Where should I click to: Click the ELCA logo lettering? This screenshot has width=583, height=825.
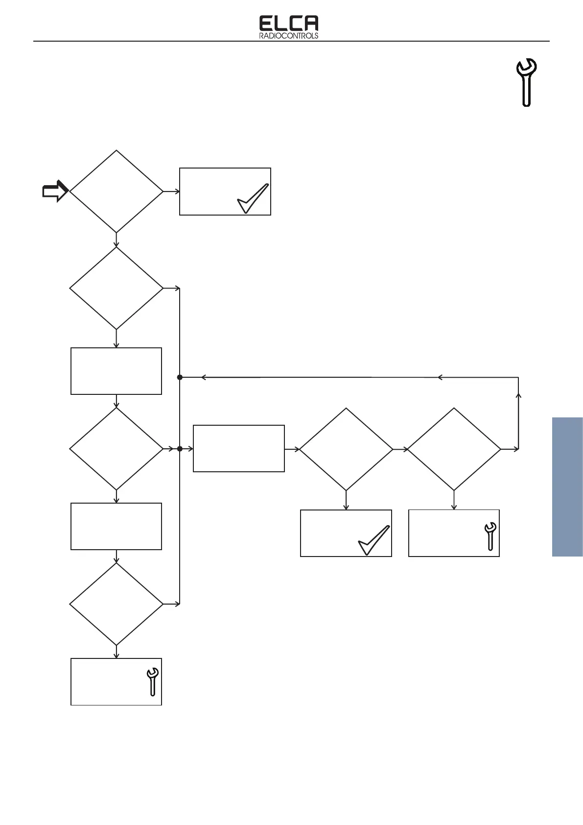pos(288,23)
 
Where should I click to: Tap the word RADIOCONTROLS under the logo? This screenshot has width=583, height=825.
pos(288,36)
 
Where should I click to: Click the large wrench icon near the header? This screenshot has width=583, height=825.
pos(527,82)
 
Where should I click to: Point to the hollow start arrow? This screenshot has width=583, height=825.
pos(54,191)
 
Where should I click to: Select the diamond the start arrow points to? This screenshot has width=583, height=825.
pos(116,191)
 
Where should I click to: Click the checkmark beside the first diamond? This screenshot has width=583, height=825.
pos(253,198)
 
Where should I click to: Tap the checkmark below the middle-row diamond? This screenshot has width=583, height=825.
pos(374,540)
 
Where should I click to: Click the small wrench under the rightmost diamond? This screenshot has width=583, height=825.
pos(490,536)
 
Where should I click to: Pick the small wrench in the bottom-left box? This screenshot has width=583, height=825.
pos(152,681)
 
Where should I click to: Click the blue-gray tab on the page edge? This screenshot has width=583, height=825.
pos(567,486)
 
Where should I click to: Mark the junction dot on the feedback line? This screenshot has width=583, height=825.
pos(180,377)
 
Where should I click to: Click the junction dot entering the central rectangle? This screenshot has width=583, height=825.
pos(180,449)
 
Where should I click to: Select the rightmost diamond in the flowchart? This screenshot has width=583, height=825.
pos(454,449)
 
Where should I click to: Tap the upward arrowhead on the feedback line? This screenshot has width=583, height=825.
pos(518,394)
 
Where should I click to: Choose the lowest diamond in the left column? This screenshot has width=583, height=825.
pos(116,604)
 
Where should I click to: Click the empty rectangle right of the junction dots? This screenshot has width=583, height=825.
pos(239,448)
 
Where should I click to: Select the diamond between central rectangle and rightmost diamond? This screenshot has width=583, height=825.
pos(346,449)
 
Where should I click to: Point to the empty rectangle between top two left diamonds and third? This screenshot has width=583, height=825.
pos(116,371)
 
